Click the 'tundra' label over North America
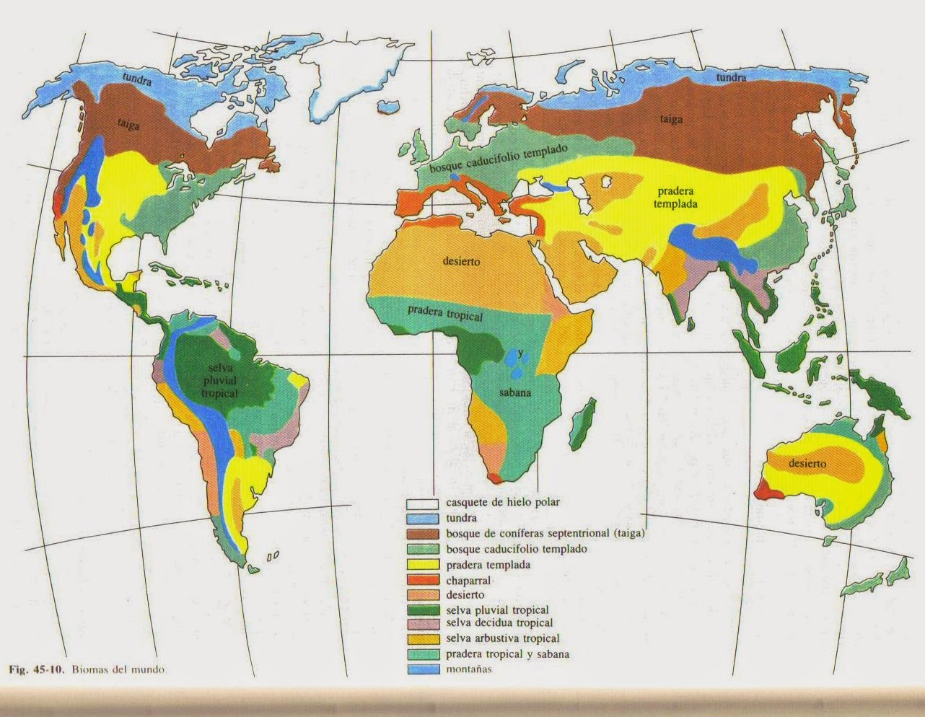coord(137,82)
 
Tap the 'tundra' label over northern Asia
coord(731,77)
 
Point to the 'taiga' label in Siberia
coord(670,119)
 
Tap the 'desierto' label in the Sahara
coord(461,261)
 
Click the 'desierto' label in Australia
coord(807,464)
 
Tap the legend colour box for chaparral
coord(422,580)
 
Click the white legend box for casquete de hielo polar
coord(422,503)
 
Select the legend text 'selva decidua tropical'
coord(499,623)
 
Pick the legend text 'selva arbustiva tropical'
coord(502,638)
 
